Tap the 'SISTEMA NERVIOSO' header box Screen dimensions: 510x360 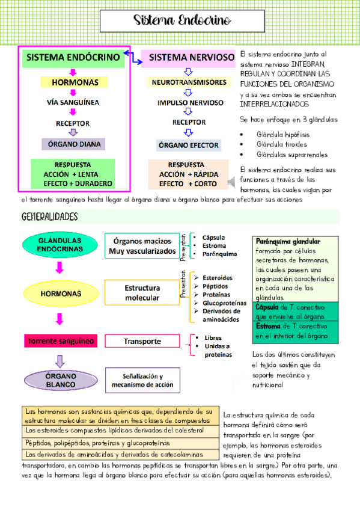188,58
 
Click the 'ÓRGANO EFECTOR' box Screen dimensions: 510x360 189,146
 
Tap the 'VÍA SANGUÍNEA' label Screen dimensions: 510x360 73,102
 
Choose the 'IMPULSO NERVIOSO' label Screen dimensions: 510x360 189,103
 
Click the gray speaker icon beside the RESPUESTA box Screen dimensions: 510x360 231,181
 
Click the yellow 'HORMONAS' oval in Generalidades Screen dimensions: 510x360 61,293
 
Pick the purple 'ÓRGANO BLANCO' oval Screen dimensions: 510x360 61,379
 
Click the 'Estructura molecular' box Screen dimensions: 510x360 142,293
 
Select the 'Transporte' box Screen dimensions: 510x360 142,341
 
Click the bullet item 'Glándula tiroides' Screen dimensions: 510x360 282,144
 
